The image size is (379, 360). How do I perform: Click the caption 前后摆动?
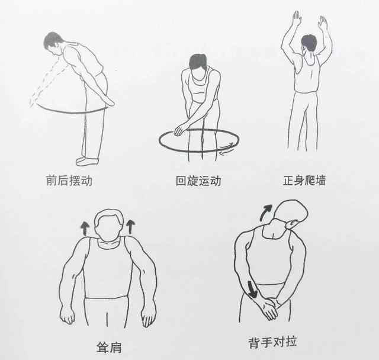point(69,181)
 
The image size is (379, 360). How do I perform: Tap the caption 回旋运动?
point(198,181)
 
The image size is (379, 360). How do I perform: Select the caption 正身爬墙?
point(304,180)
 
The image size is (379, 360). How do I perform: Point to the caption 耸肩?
point(109,348)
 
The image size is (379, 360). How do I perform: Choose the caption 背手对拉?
point(272,342)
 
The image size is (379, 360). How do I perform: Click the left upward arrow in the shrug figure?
point(85,229)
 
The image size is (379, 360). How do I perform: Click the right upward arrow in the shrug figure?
point(130,227)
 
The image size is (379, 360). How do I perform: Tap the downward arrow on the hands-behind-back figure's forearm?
point(251,289)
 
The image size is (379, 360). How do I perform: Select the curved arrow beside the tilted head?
point(265,213)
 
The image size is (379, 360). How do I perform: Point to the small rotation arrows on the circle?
point(227,149)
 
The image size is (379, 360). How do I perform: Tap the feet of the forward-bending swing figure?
point(87,162)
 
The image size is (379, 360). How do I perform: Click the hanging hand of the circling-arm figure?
point(179,130)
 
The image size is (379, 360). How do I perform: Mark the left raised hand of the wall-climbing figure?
point(297,18)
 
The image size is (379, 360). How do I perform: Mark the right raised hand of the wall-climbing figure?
point(323,22)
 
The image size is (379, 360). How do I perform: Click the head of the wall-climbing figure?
point(309,43)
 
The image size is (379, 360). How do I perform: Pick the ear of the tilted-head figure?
point(292,224)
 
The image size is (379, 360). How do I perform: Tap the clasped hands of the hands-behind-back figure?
point(269,308)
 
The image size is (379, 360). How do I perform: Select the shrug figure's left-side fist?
point(67,316)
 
